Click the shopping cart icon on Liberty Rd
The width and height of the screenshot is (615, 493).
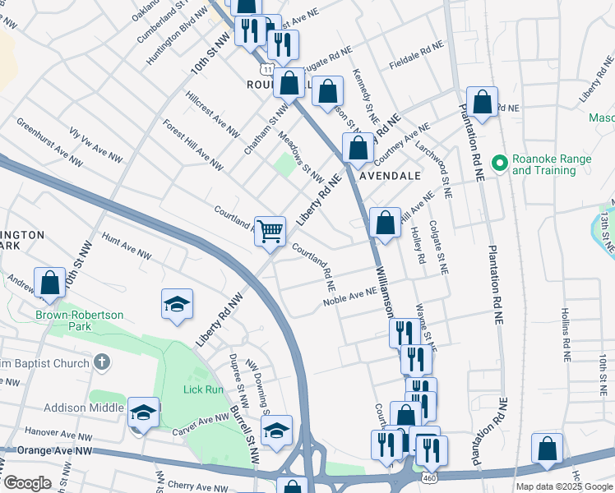[x=270, y=231]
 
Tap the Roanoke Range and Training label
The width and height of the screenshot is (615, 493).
[x=543, y=164]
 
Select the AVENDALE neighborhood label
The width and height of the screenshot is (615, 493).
[x=391, y=176]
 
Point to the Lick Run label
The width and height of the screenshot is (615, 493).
[x=203, y=389]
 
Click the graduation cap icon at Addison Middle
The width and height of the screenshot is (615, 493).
[x=143, y=410]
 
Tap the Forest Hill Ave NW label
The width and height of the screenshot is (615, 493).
[x=192, y=145]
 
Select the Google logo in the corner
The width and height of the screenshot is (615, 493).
[x=27, y=483]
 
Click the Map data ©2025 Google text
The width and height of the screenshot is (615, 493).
[x=564, y=486]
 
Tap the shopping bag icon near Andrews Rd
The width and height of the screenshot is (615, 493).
[x=50, y=282]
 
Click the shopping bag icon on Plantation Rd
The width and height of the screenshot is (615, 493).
[x=483, y=102]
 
